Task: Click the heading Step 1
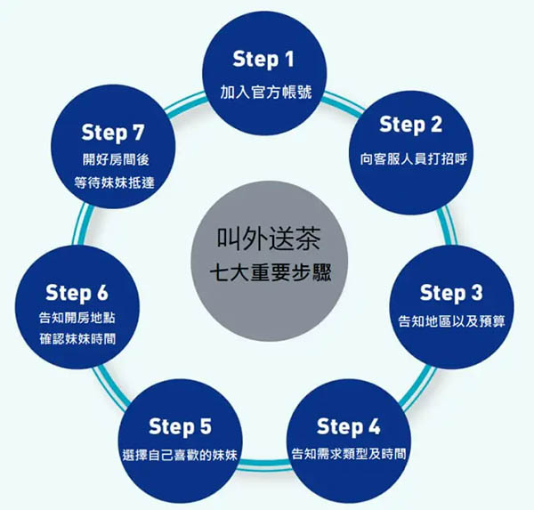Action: (263, 60)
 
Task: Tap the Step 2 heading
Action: (410, 125)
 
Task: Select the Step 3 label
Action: (451, 293)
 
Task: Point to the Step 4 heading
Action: (348, 426)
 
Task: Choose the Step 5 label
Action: (180, 426)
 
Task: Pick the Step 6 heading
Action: (77, 293)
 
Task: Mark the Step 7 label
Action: (113, 133)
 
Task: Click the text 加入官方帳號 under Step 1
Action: (266, 92)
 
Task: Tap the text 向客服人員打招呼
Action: (414, 159)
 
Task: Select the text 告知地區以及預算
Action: (451, 321)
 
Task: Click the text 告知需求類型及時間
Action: (349, 454)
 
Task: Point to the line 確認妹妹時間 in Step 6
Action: (77, 339)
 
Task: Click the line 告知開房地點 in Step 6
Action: (77, 319)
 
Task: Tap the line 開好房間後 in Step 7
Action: (116, 160)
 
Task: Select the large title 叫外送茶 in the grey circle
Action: (269, 239)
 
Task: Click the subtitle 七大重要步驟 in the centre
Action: (271, 273)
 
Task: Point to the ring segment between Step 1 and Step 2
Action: (343, 105)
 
